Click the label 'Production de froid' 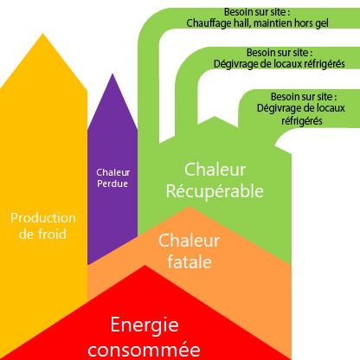tap(43, 225)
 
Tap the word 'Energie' tap(145, 325)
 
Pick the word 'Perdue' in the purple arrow tap(112, 183)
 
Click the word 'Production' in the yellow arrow tap(43, 218)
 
